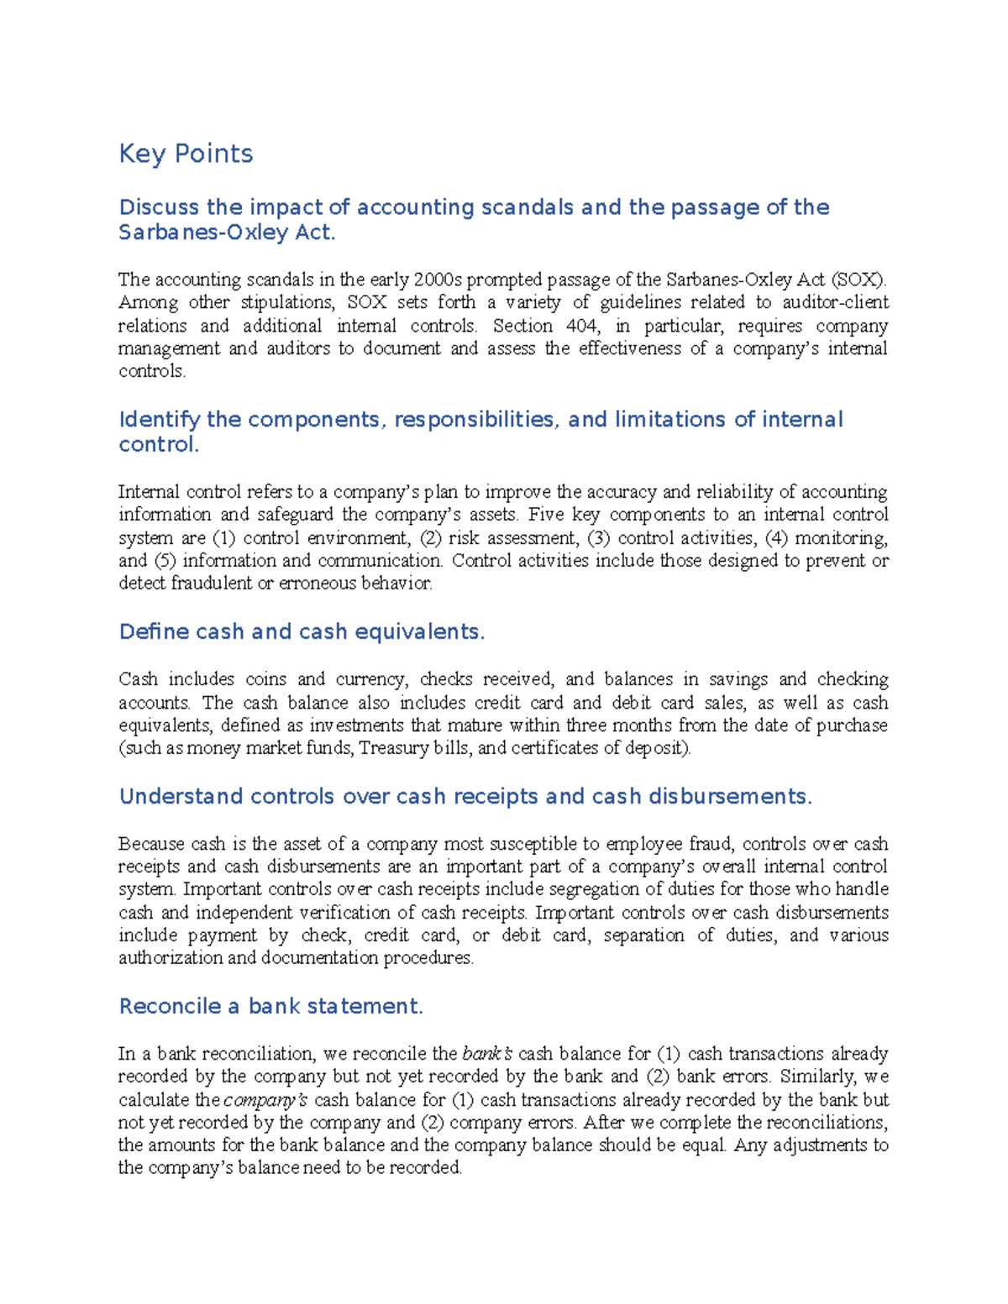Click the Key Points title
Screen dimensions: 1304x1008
186,154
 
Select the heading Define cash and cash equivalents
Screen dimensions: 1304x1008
302,631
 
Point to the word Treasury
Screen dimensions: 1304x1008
393,748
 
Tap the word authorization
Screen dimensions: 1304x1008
170,958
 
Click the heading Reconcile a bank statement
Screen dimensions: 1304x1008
270,1006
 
